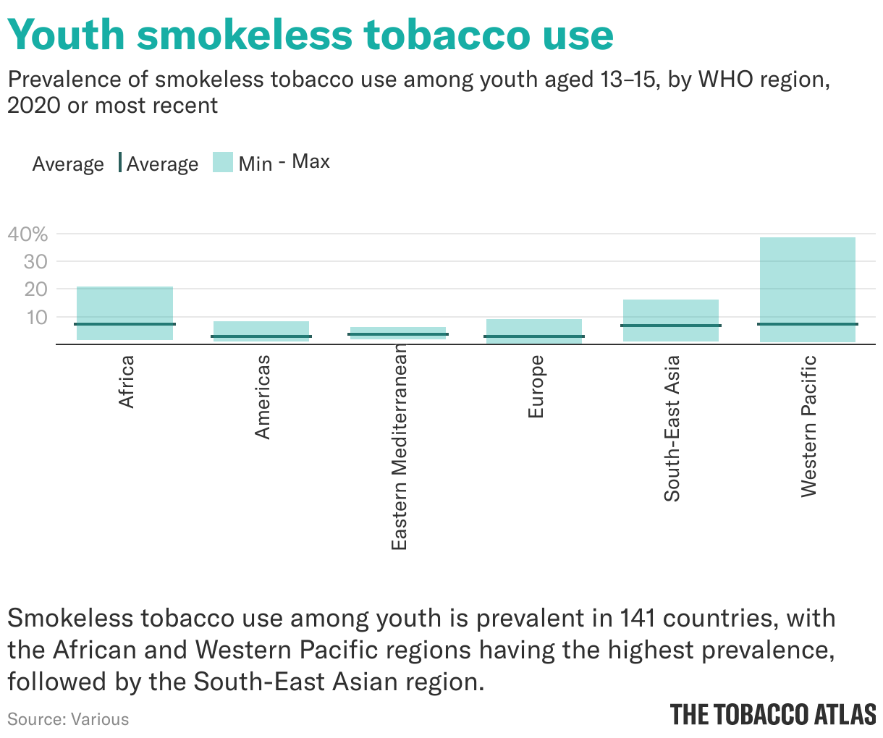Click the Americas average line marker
click(261, 336)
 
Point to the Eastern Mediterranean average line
click(398, 334)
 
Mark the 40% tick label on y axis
click(28, 234)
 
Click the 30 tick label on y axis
click(35, 261)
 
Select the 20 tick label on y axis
click(35, 289)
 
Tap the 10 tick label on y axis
click(35, 317)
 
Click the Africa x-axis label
click(126, 381)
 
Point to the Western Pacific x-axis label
click(808, 425)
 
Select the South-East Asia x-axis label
click(672, 428)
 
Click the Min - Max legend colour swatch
click(222, 162)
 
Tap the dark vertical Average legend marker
click(120, 163)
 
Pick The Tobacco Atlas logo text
click(772, 714)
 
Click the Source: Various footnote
click(68, 719)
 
